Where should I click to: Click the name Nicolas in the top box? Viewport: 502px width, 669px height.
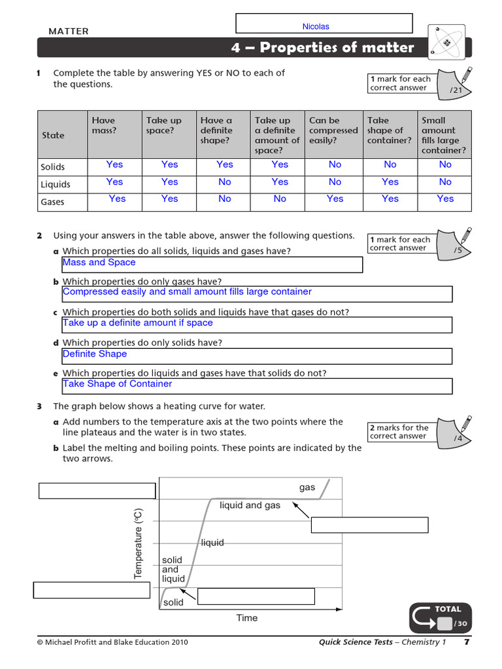(x=316, y=27)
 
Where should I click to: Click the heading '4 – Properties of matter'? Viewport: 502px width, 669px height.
(x=322, y=48)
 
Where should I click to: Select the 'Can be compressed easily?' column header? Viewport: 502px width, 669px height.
(x=333, y=130)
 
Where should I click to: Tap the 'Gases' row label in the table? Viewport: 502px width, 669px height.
(x=52, y=202)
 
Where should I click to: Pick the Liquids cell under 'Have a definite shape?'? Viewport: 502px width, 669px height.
(x=225, y=182)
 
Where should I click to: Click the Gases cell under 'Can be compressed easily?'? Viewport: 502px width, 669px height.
(x=335, y=199)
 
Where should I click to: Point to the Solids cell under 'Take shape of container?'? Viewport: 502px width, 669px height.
(x=390, y=165)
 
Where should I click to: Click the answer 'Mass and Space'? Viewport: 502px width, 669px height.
(x=99, y=263)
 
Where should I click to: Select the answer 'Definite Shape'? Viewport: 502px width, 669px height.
(x=95, y=354)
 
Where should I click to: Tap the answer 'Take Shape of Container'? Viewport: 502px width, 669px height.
(x=118, y=384)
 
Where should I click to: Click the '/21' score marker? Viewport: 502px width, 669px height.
(x=456, y=90)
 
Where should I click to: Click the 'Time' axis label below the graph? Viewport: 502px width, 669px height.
(x=247, y=618)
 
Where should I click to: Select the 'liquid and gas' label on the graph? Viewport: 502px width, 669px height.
(x=250, y=506)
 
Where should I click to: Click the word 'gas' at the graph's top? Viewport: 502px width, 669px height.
(x=307, y=487)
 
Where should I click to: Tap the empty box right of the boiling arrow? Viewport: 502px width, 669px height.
(x=369, y=525)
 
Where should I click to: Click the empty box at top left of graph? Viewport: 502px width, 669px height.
(x=97, y=491)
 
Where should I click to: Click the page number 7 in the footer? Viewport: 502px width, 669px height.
(x=467, y=642)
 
